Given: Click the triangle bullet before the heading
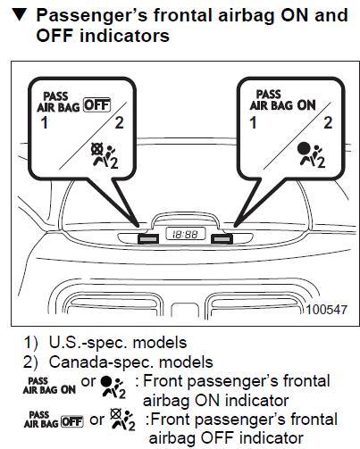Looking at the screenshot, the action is point(20,14).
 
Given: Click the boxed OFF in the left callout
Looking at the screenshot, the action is point(97,105).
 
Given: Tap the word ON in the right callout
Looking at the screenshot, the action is point(306,105).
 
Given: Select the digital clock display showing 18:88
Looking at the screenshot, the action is point(186,234).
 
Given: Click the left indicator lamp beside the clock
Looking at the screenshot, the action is point(148,238).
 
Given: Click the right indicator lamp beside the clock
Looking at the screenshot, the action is point(222,238).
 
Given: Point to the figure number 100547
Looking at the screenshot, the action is point(327,310).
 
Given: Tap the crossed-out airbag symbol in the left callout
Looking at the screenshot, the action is point(105,155).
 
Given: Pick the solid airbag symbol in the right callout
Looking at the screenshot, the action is point(311,155).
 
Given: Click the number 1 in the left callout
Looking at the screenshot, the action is point(45,122).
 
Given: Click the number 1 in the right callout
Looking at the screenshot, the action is point(253,122).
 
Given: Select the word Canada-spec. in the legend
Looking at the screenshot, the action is point(101,362).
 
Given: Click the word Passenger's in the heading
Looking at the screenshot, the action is point(92,15).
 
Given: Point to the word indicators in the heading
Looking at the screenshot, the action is point(124,36).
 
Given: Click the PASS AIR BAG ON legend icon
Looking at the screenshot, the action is point(49,386).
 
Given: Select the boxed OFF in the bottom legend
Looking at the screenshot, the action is point(72,421).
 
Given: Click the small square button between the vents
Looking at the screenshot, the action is point(185,311).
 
